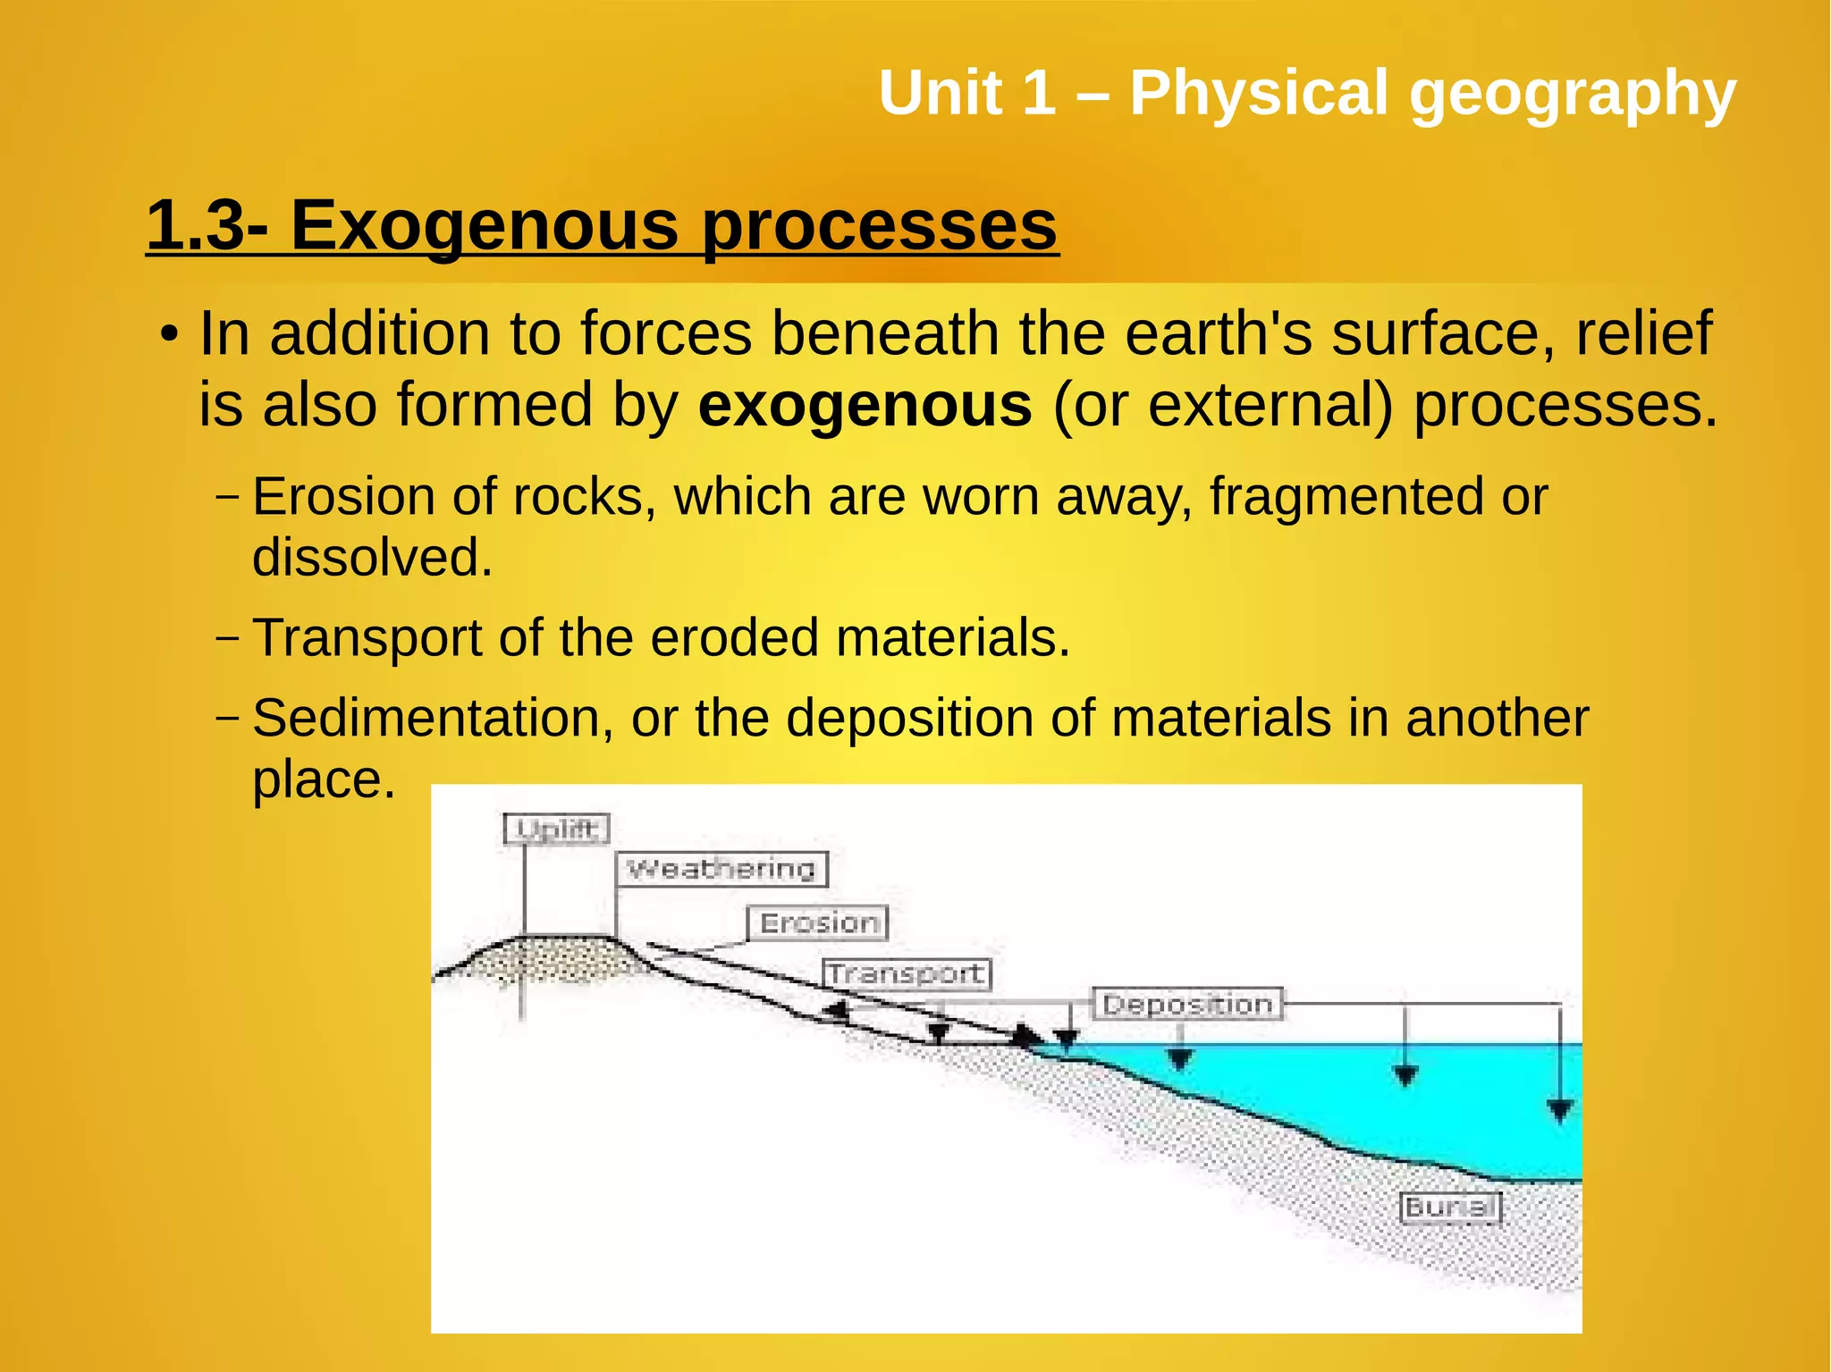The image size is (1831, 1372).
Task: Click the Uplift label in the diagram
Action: coord(556,829)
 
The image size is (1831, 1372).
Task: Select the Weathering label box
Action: coord(721,869)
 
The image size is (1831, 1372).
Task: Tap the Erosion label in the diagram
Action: coord(818,922)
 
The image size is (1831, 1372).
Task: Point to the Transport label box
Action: coord(906,973)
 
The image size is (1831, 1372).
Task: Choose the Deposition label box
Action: coord(1187,1004)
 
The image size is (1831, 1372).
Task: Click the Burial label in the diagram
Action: coord(1449,1208)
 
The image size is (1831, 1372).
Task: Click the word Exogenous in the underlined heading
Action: coord(484,225)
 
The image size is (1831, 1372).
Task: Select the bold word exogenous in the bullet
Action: coord(865,405)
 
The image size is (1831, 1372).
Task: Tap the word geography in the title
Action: coord(1572,94)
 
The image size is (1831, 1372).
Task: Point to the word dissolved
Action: coord(372,558)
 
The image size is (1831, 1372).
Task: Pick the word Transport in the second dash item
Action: coord(367,638)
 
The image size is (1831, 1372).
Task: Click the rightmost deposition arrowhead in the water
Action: coord(1560,1111)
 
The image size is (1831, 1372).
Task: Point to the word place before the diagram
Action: coord(324,780)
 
